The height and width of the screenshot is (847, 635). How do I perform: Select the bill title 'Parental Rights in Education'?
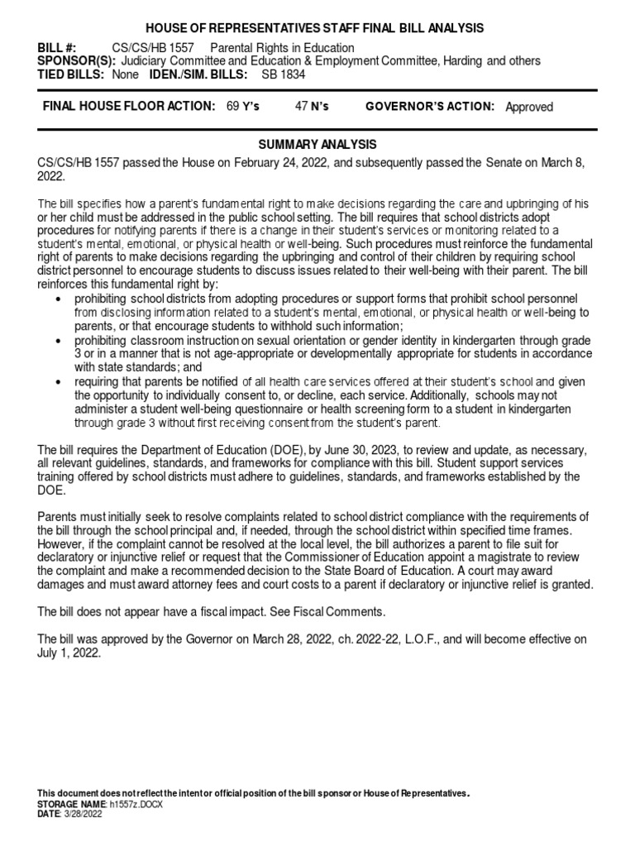tap(282, 48)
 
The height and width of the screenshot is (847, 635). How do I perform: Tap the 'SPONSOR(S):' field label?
tap(75, 61)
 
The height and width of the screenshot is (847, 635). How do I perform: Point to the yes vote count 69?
tap(232, 107)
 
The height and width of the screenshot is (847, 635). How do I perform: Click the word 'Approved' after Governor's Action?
tap(529, 107)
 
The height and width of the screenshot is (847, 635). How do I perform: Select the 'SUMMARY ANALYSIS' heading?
tap(317, 145)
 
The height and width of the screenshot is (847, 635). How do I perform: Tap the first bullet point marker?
tap(56, 299)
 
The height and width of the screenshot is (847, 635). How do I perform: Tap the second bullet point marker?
tap(56, 341)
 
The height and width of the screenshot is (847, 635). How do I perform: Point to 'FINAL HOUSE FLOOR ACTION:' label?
tap(129, 107)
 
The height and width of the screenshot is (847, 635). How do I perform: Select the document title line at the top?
tap(317, 28)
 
